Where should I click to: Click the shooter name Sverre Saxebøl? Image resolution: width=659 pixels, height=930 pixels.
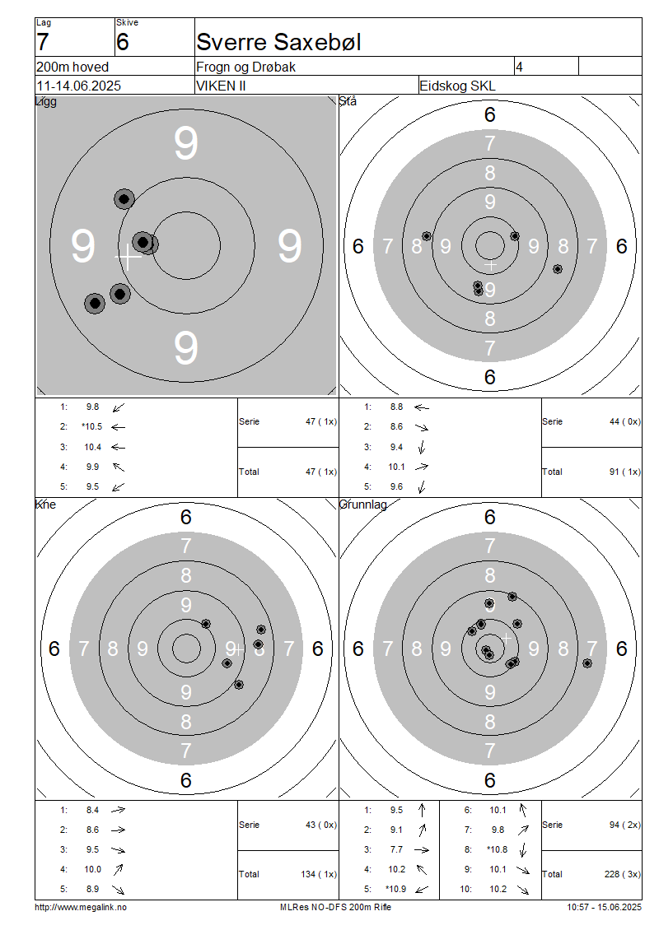pos(278,42)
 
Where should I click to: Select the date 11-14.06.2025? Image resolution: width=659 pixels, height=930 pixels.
pos(78,86)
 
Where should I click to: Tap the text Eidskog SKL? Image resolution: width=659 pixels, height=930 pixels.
pos(457,86)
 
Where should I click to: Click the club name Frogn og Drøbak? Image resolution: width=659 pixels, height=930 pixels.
pos(245,67)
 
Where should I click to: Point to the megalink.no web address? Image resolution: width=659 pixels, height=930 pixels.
pos(81,907)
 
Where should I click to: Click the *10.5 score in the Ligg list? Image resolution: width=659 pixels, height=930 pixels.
pos(92,426)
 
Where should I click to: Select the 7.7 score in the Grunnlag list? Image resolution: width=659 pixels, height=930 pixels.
pos(396,849)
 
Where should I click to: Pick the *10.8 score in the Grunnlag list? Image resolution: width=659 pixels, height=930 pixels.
pos(498,849)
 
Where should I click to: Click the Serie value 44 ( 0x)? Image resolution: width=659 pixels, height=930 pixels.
pos(624,421)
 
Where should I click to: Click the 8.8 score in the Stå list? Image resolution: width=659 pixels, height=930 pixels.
pos(396,407)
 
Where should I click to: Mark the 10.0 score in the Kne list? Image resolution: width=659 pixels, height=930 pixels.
pos(92,869)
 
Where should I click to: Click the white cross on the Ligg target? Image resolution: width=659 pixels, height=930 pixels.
pos(128,256)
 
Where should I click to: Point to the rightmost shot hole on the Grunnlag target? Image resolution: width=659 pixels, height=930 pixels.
pos(587,663)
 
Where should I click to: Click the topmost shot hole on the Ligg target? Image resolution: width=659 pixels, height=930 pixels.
pos(124,198)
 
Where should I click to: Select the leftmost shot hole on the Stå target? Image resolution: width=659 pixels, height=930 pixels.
pos(426,236)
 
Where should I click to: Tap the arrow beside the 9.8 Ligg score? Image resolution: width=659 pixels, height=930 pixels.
pos(119,407)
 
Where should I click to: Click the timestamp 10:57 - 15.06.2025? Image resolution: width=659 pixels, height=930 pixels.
pos(604,907)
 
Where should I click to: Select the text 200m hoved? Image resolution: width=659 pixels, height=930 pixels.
pos(72,67)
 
